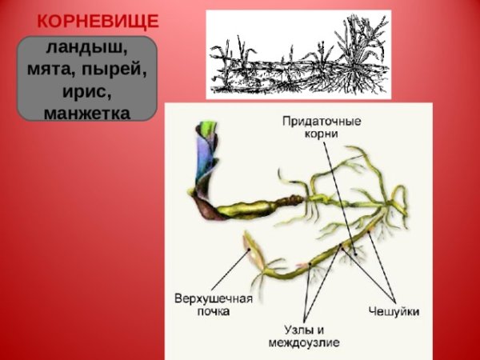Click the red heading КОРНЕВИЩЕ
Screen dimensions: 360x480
pyautogui.click(x=98, y=21)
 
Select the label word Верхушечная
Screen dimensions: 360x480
pyautogui.click(x=214, y=298)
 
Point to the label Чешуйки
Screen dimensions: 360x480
pyautogui.click(x=394, y=310)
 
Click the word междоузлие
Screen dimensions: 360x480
pyautogui.click(x=305, y=342)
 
